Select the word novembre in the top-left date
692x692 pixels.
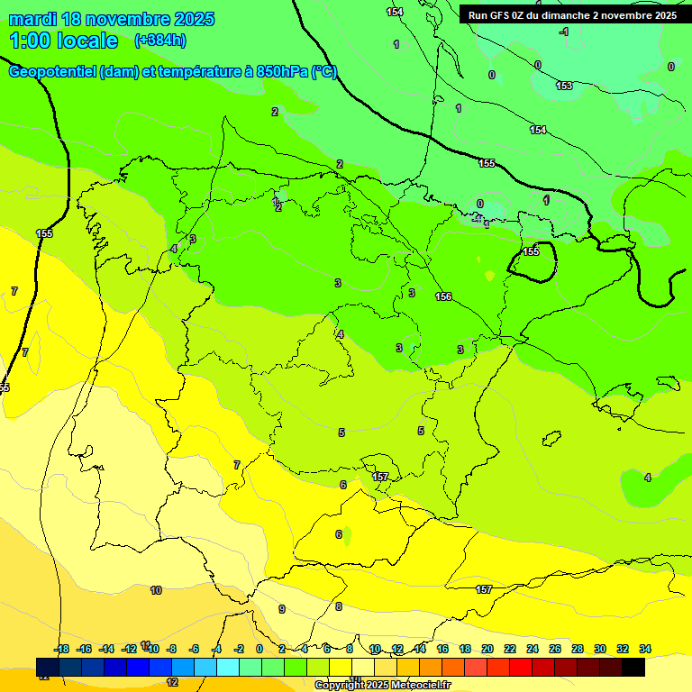click(x=126, y=19)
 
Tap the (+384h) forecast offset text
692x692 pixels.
click(x=160, y=40)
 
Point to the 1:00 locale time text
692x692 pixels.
click(x=64, y=41)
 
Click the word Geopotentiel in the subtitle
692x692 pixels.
click(x=52, y=72)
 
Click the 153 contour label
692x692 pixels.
click(x=564, y=86)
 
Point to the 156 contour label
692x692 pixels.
click(x=443, y=296)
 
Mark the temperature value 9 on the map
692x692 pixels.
click(x=281, y=609)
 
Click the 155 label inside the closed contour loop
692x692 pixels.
click(x=532, y=251)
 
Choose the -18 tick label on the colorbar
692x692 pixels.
click(x=62, y=649)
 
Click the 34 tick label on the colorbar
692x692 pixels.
click(x=645, y=649)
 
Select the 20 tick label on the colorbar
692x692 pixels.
click(x=487, y=649)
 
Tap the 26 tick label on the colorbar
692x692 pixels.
click(x=555, y=649)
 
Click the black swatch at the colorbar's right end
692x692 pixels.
click(x=633, y=668)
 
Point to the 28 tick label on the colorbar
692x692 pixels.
click(x=578, y=649)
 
